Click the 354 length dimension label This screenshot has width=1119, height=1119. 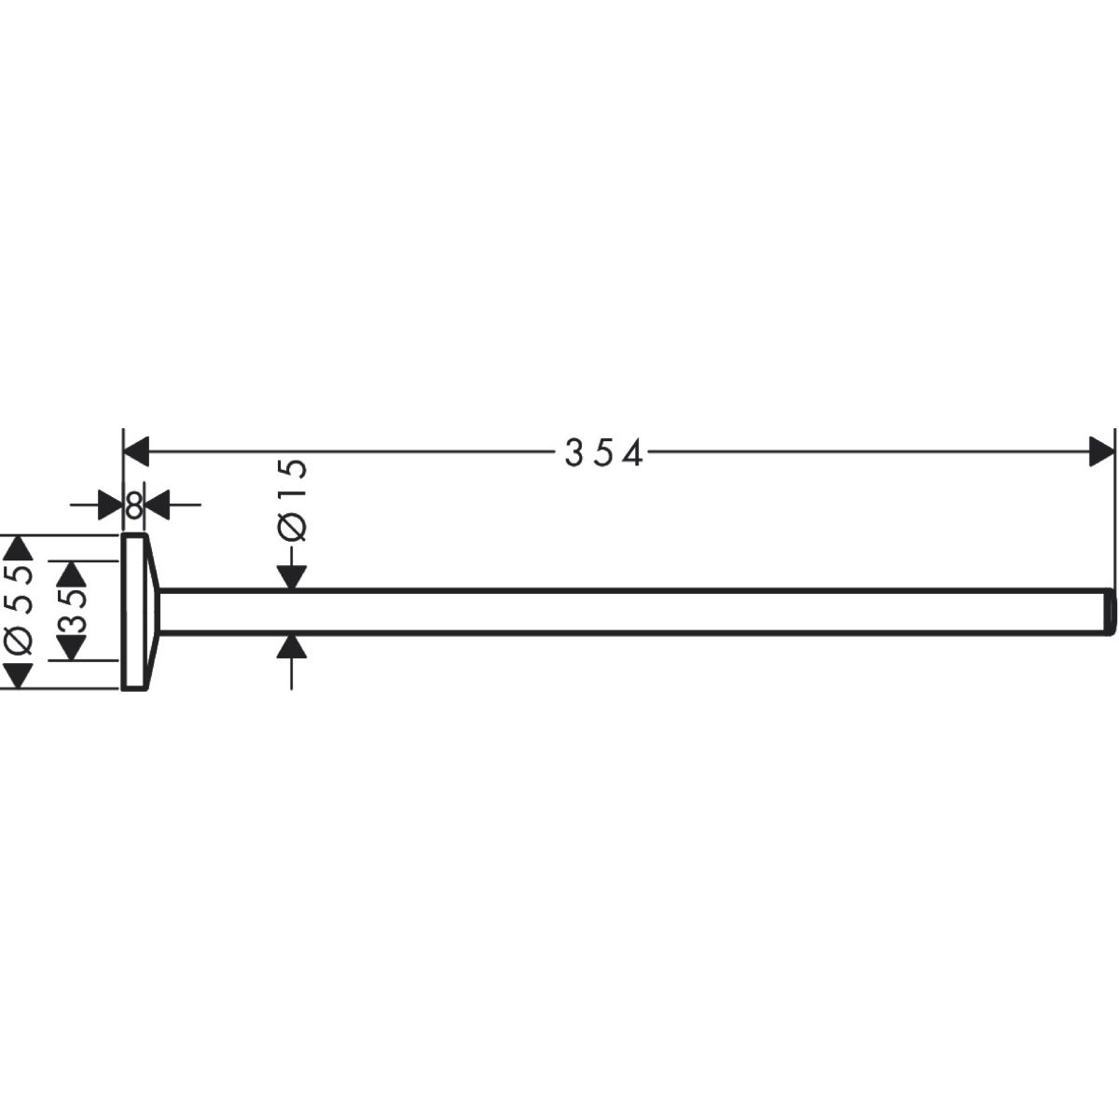[603, 453]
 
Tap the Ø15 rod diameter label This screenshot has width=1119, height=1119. [292, 500]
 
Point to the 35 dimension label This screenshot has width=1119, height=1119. [72, 610]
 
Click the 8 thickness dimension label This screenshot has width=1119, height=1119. [133, 504]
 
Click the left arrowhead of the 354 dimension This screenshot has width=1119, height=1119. [136, 451]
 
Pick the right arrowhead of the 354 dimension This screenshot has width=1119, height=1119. [1101, 451]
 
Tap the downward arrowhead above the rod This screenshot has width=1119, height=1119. [292, 576]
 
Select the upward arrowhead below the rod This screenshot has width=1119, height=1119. [292, 646]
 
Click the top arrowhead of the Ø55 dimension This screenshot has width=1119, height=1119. [19, 547]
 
